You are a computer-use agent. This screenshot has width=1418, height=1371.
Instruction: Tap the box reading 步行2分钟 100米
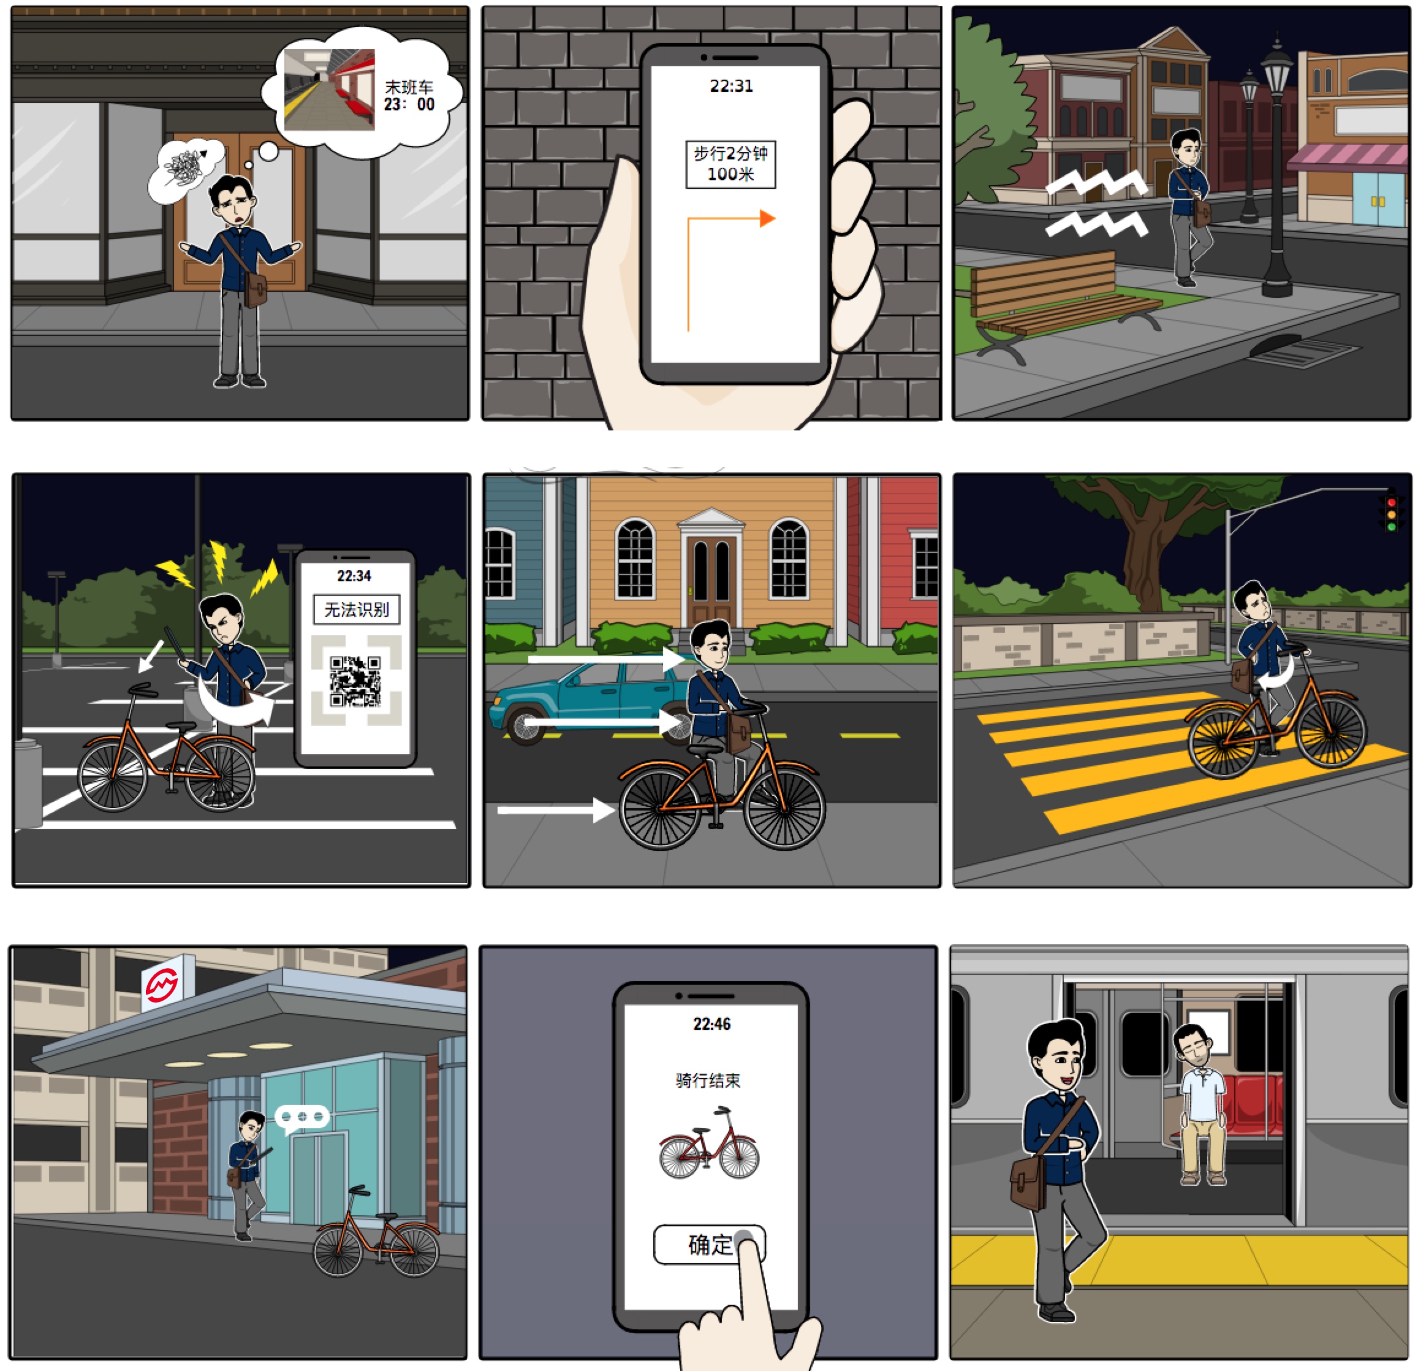pos(730,164)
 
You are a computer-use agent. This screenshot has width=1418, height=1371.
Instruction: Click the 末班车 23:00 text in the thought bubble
pos(409,96)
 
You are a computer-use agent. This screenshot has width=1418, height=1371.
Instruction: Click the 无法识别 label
pos(356,609)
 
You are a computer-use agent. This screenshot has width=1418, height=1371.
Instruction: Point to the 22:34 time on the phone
pos(354,576)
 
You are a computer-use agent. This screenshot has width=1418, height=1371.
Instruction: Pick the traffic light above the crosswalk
pos(1390,513)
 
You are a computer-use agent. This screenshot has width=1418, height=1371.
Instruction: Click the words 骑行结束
pos(708,1081)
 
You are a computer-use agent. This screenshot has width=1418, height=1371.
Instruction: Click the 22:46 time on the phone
pos(711,1025)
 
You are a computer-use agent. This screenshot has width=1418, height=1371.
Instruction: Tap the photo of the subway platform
pos(329,90)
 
